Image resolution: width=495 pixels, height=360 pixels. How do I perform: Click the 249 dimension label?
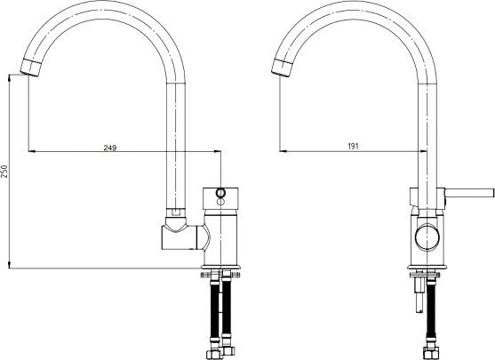110,148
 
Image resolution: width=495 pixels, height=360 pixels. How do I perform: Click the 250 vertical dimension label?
4,172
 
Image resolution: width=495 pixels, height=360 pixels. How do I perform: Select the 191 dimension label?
354,146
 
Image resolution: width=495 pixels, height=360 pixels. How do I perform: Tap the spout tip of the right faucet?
281,68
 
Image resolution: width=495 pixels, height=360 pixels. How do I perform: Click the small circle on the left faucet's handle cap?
220,192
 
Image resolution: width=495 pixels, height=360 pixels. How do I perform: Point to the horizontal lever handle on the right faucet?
469,192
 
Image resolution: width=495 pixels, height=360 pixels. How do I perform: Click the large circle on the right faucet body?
427,236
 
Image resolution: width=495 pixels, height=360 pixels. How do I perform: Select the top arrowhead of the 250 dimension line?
10,78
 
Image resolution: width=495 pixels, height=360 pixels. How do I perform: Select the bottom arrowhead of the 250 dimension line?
10,265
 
